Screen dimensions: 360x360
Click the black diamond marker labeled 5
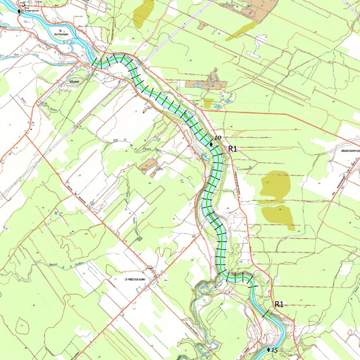click(19, 11)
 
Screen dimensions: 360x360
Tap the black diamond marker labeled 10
click(211, 144)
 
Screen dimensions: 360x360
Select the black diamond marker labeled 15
click(269, 349)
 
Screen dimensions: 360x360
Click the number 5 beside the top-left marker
click(24, 5)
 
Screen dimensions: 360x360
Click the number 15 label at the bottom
click(275, 350)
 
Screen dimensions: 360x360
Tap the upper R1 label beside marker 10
click(233, 149)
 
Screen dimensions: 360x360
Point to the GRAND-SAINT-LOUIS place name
click(349, 152)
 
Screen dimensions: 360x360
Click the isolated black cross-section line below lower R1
click(266, 314)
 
